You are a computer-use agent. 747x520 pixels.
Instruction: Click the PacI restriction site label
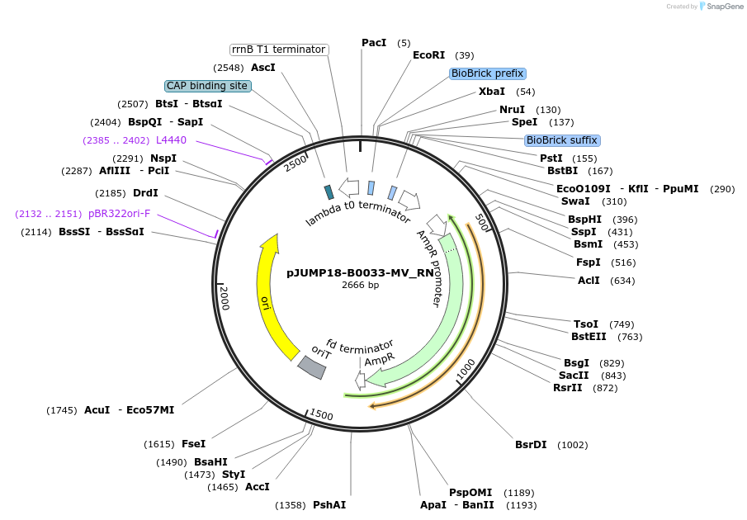click(374, 43)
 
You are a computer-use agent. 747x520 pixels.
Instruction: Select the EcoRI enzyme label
click(428, 55)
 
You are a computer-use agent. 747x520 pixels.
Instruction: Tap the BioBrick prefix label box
click(488, 73)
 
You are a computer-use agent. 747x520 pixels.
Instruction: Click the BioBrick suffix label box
click(561, 140)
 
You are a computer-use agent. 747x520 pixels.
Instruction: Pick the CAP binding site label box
click(207, 86)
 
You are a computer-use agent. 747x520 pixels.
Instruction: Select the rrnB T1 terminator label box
click(278, 50)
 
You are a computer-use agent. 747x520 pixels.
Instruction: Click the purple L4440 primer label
click(171, 140)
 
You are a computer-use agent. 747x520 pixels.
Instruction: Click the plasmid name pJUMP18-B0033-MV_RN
click(360, 272)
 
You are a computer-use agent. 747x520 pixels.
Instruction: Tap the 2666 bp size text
click(360, 285)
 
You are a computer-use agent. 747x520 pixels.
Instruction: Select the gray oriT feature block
click(312, 366)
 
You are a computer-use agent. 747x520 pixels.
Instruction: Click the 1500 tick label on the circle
click(321, 415)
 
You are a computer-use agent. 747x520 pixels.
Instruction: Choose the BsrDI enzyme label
click(531, 445)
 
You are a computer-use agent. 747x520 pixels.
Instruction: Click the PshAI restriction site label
click(329, 505)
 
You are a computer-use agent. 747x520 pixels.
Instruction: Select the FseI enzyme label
click(193, 444)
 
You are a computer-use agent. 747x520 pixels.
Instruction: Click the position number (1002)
click(573, 445)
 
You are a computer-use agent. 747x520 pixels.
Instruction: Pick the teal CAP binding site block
click(329, 191)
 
